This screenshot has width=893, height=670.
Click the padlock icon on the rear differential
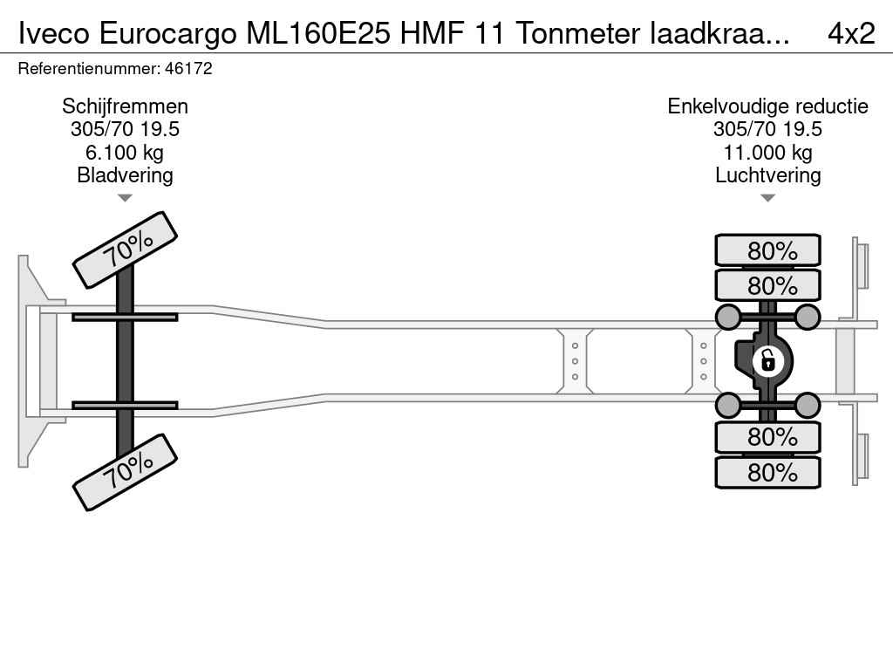(x=767, y=359)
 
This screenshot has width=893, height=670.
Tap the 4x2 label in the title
(x=850, y=33)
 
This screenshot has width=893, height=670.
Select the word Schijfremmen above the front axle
(x=125, y=106)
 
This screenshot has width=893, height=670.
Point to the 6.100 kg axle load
(x=125, y=153)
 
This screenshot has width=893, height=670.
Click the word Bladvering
(x=125, y=175)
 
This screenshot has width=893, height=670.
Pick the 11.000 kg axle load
(x=767, y=153)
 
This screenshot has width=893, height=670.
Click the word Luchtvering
(x=767, y=175)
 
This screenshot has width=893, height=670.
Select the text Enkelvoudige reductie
(x=767, y=106)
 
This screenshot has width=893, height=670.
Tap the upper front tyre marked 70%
(x=124, y=250)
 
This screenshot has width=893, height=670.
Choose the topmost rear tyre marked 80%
(x=767, y=250)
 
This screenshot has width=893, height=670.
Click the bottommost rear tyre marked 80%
(x=767, y=472)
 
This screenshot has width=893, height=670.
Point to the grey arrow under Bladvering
(x=125, y=198)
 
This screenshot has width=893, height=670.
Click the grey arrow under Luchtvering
(x=767, y=198)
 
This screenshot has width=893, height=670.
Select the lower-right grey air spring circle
(x=808, y=405)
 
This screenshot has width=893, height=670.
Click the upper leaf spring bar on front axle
(x=125, y=317)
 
